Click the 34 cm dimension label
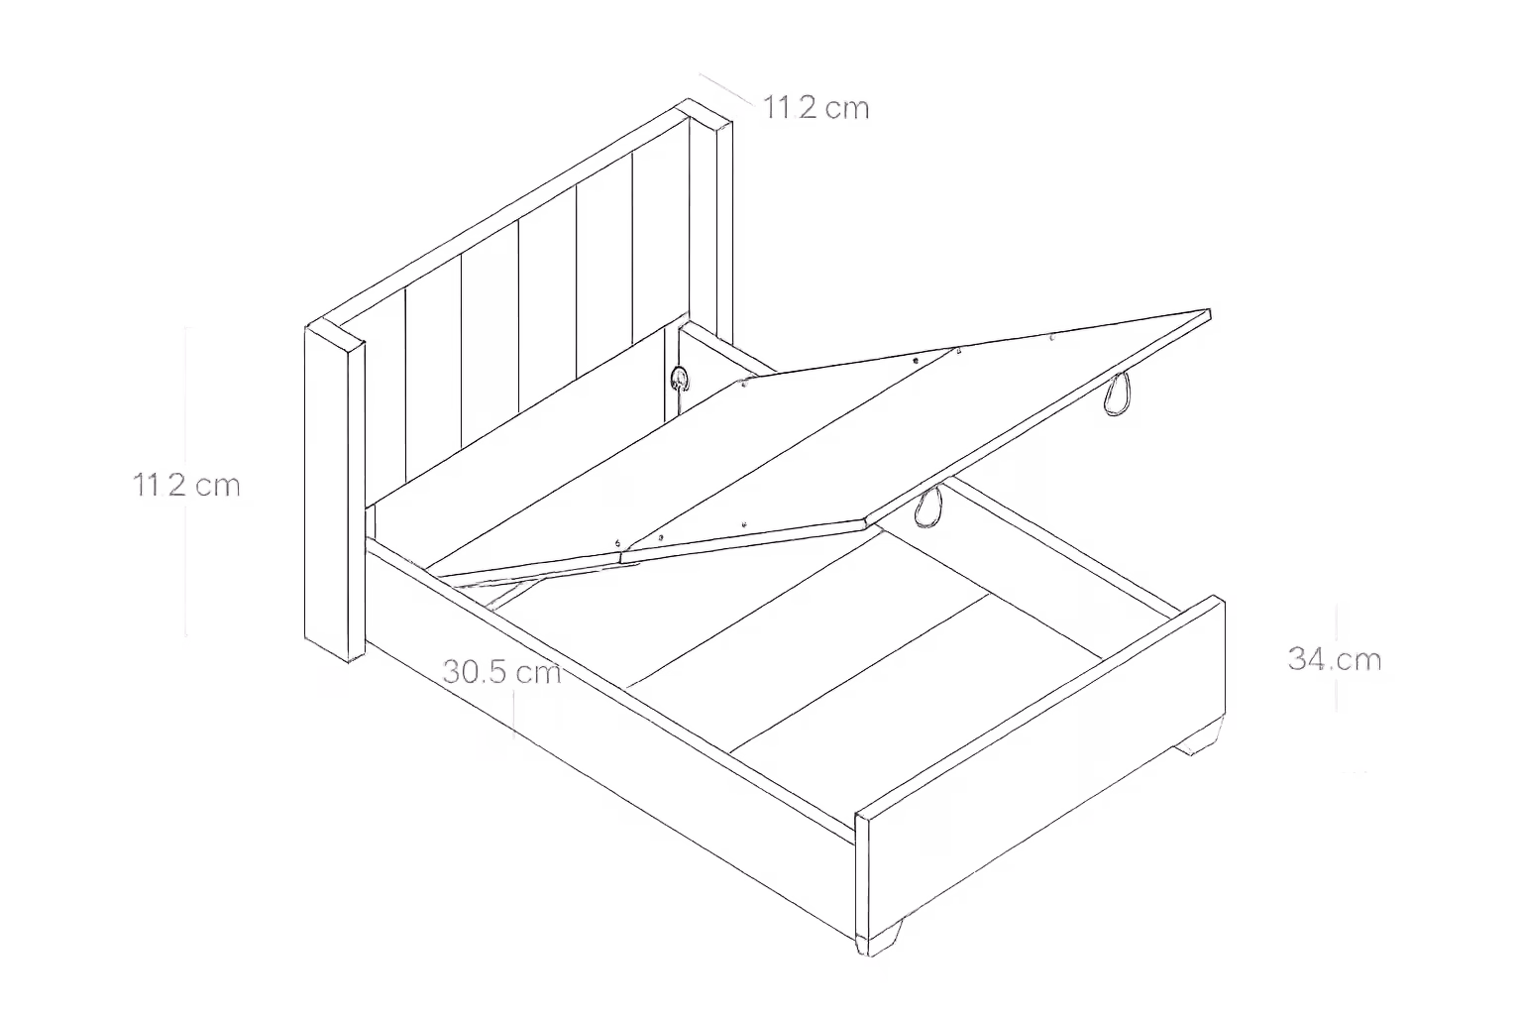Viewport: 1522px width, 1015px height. click(x=1334, y=658)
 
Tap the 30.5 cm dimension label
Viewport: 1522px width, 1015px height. click(x=501, y=672)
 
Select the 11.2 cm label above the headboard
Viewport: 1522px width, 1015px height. click(x=816, y=107)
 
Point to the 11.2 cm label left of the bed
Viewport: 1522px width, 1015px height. click(x=187, y=485)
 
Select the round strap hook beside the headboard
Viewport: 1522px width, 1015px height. click(x=680, y=377)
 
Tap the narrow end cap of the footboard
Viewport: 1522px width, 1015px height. click(x=863, y=882)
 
